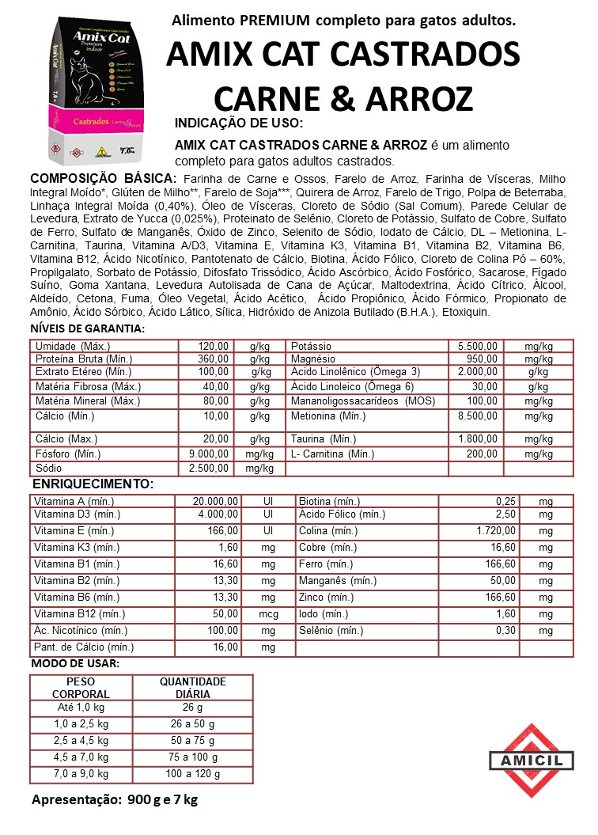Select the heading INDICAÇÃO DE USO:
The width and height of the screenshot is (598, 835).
pyautogui.click(x=238, y=124)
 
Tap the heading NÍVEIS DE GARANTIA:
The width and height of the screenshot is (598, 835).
pyautogui.click(x=87, y=328)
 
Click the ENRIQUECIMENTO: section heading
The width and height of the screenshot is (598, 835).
pyautogui.click(x=93, y=484)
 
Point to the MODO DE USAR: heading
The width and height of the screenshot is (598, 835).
pyautogui.click(x=75, y=663)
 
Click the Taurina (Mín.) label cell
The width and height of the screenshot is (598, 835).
pyautogui.click(x=324, y=439)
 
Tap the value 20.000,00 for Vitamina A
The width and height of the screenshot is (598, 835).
pyautogui.click(x=216, y=502)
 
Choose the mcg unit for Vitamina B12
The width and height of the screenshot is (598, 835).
pyautogui.click(x=268, y=613)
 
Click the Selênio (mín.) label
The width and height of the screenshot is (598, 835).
pyautogui.click(x=331, y=631)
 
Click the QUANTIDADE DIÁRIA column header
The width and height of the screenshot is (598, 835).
pyautogui.click(x=193, y=688)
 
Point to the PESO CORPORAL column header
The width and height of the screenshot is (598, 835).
pyautogui.click(x=81, y=688)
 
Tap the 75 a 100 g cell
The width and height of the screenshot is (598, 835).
pyautogui.click(x=193, y=757)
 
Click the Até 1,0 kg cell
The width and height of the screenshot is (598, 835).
pyautogui.click(x=81, y=707)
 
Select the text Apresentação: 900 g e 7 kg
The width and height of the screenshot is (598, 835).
pyautogui.click(x=115, y=799)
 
